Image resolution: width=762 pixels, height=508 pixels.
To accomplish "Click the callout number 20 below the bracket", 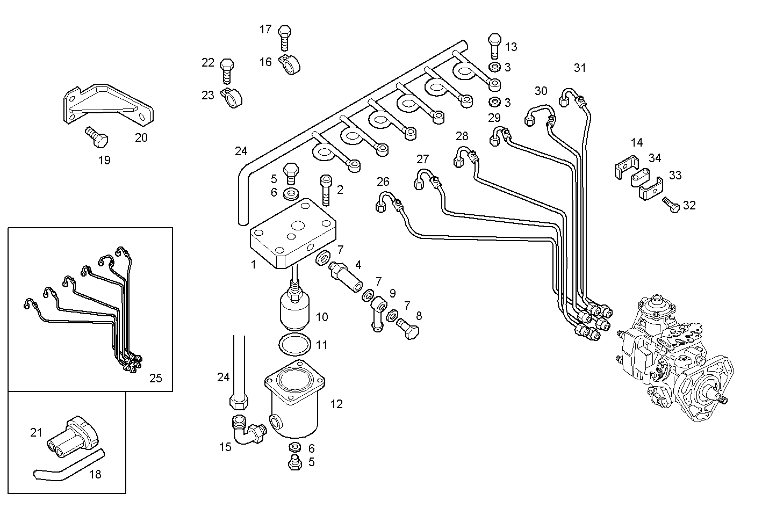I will [141, 137].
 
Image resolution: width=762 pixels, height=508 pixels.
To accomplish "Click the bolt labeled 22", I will [227, 70].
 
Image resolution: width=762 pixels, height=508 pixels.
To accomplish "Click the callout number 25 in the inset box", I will [155, 378].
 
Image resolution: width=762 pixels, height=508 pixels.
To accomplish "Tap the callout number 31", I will [580, 68].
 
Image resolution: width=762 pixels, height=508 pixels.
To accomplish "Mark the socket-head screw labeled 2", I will [326, 189].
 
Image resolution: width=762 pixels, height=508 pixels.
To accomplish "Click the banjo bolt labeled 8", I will [408, 328].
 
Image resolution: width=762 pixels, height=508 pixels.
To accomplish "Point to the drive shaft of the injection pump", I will [720, 398].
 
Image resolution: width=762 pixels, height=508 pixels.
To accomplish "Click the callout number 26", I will [383, 182].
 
